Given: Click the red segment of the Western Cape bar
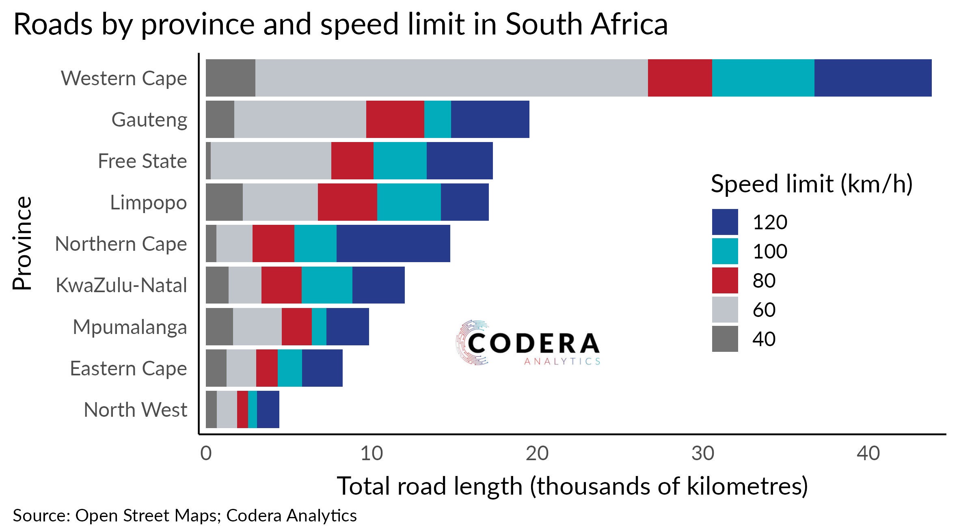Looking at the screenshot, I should (x=680, y=78).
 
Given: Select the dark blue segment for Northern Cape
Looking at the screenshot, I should (x=393, y=243).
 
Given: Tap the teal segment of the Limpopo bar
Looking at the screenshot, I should (x=409, y=202).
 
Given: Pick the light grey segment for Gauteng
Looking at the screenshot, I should (x=300, y=119).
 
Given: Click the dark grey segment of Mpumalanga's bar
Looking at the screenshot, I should (x=219, y=327).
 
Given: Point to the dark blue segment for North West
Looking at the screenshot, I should (x=268, y=409).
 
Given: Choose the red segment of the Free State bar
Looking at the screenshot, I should (x=352, y=161).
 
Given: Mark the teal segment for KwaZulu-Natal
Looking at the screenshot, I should (x=327, y=285).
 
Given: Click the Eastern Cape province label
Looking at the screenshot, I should (x=128, y=368).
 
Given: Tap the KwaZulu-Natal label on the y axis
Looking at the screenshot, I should (x=121, y=285).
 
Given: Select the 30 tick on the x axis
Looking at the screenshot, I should (x=703, y=453).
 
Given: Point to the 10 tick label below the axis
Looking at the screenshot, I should (x=372, y=453).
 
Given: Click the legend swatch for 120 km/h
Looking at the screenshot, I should (x=725, y=222).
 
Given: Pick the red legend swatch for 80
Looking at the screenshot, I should (x=725, y=280).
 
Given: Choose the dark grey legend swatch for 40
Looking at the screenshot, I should (x=725, y=338).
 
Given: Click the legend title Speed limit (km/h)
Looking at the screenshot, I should (x=812, y=184).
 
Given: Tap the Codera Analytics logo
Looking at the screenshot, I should (x=527, y=343).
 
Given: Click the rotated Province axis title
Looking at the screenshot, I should (x=22, y=243).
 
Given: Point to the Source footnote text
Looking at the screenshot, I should (x=185, y=516).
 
